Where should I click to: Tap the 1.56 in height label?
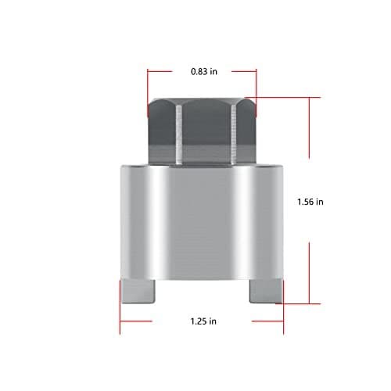(x=310, y=201)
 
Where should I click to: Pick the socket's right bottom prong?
(x=264, y=292)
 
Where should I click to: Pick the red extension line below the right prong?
(x=283, y=313)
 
